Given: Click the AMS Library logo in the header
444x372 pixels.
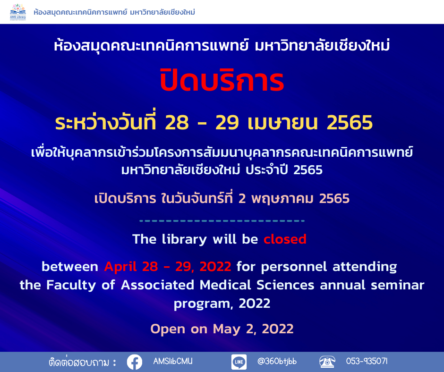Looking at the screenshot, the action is pyautogui.click(x=18, y=12).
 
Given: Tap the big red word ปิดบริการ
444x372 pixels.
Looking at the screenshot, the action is pyautogui.click(x=222, y=80).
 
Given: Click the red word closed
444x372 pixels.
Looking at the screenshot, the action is pyautogui.click(x=285, y=239).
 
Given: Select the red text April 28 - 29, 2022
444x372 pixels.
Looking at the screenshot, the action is pyautogui.click(x=168, y=267).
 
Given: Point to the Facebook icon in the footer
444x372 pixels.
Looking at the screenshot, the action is pyautogui.click(x=135, y=362).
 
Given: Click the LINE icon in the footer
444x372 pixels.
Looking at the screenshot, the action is pyautogui.click(x=239, y=362).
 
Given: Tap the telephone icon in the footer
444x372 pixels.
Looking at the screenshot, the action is pyautogui.click(x=327, y=362).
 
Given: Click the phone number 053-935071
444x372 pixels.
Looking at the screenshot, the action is pyautogui.click(x=367, y=361).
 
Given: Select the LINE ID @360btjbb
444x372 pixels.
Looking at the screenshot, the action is pyautogui.click(x=277, y=361).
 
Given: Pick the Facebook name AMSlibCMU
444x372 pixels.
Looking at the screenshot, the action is pyautogui.click(x=173, y=361).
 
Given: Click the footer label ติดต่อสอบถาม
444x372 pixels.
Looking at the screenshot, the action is pyautogui.click(x=79, y=363).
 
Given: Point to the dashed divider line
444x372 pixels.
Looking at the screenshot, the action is pyautogui.click(x=222, y=221).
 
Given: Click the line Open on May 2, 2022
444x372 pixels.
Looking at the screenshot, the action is pyautogui.click(x=222, y=329).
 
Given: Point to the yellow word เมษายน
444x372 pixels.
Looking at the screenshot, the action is pyautogui.click(x=282, y=123).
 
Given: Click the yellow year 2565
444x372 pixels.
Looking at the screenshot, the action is pyautogui.click(x=350, y=123).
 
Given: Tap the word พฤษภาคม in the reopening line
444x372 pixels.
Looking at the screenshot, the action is pyautogui.click(x=282, y=198).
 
